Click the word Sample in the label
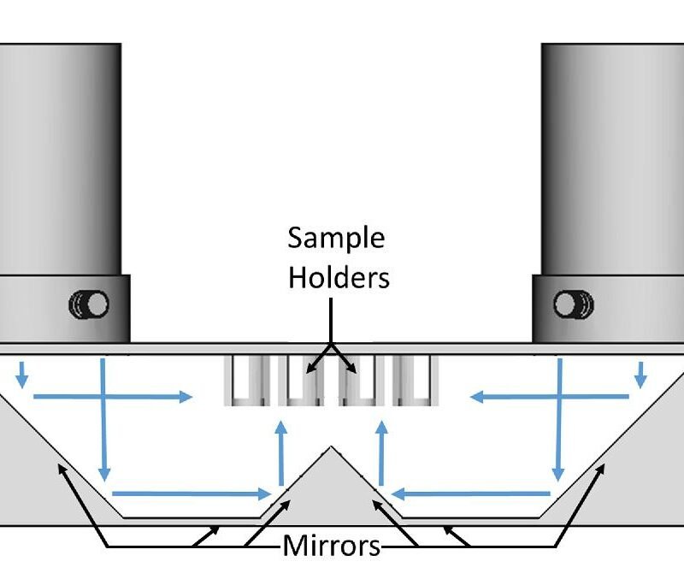[336, 239]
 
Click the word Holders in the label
[339, 277]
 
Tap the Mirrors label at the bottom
[332, 546]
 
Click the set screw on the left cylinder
[89, 304]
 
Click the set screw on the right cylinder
[573, 304]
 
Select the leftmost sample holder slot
[246, 381]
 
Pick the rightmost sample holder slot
[416, 381]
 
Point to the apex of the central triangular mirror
[331, 446]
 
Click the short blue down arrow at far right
[640, 375]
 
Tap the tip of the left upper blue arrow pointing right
[192, 397]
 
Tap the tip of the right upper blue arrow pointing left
[470, 397]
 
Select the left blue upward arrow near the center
[281, 452]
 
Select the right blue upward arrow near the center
[381, 452]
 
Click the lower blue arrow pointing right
[192, 493]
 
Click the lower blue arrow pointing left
[471, 493]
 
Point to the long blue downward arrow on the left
[103, 420]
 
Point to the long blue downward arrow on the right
[559, 420]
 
